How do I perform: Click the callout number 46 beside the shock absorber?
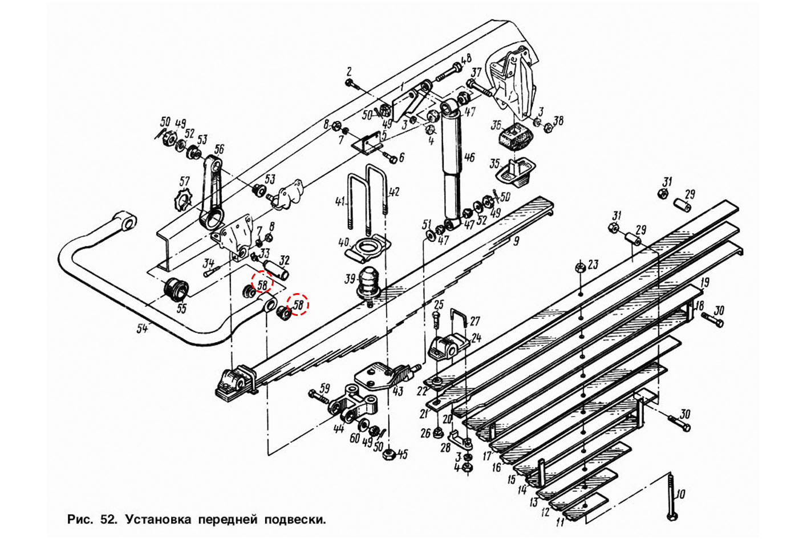[469, 157]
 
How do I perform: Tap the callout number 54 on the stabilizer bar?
[142, 329]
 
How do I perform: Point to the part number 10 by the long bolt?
[680, 494]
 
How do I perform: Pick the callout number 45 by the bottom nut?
[403, 454]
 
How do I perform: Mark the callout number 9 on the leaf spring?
[516, 241]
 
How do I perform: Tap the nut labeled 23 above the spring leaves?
[579, 267]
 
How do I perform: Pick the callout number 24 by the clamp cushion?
[476, 338]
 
